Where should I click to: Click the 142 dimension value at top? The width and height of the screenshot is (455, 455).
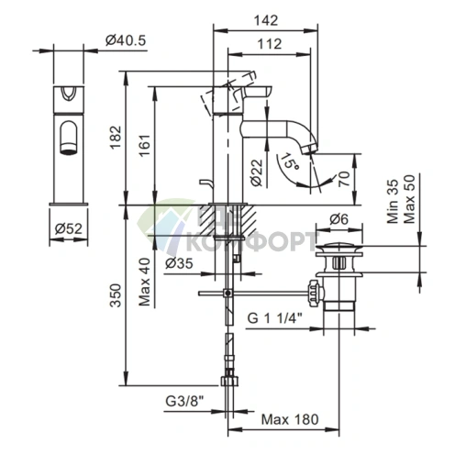click(x=266, y=20)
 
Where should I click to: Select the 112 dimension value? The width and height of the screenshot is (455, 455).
click(x=269, y=44)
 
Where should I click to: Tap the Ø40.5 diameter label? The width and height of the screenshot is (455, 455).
click(x=126, y=40)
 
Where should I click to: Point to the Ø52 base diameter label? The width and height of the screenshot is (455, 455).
click(x=69, y=228)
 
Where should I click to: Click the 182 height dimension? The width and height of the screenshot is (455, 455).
click(x=116, y=138)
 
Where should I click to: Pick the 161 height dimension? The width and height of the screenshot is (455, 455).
click(x=145, y=145)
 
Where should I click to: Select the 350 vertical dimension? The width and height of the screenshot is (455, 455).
click(x=116, y=295)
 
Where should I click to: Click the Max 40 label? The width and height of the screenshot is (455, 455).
click(x=145, y=282)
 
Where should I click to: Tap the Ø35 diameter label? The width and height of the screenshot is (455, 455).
click(x=179, y=263)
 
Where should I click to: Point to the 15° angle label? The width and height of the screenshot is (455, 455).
click(x=290, y=161)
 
